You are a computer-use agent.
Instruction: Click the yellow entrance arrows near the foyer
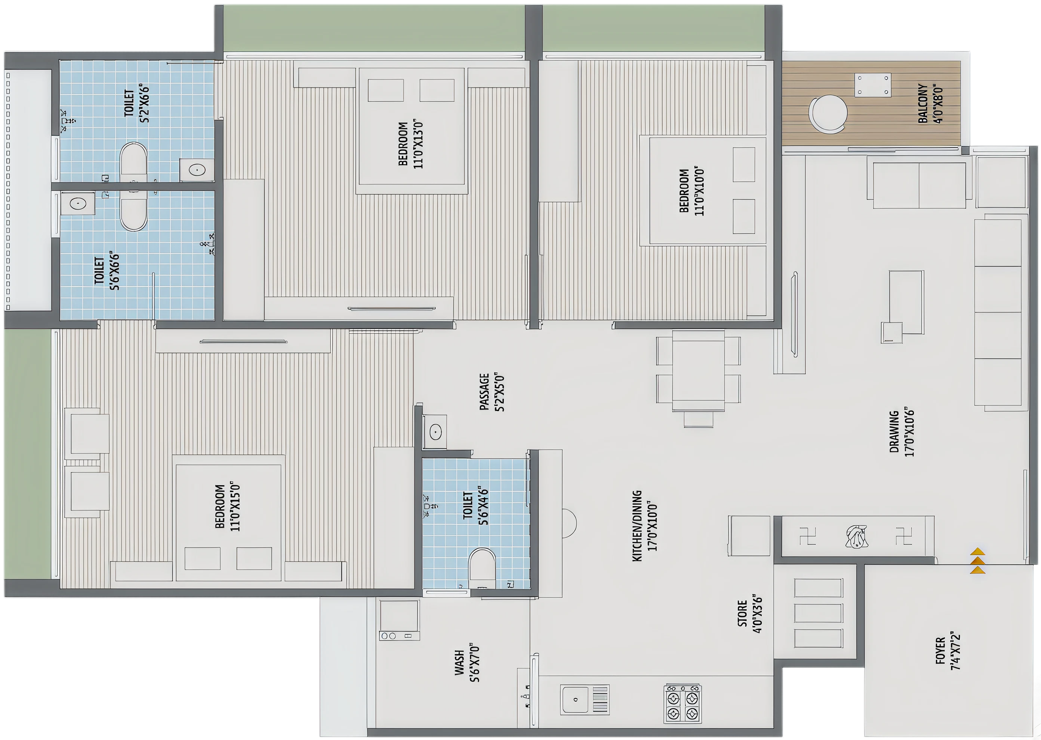tap(978, 561)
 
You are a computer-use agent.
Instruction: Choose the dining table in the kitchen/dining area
tap(698, 371)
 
